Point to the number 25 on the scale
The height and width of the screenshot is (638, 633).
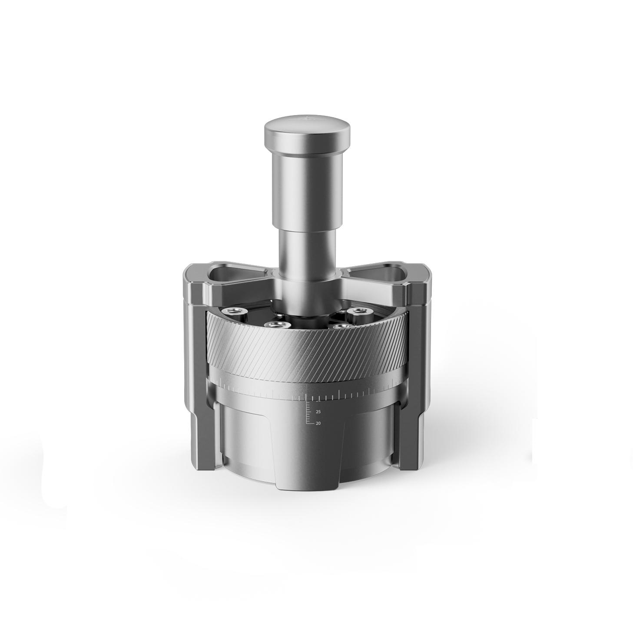pyautogui.click(x=318, y=411)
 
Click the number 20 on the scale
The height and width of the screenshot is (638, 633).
pyautogui.click(x=318, y=423)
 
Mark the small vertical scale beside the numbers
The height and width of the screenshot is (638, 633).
pyautogui.click(x=309, y=413)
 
